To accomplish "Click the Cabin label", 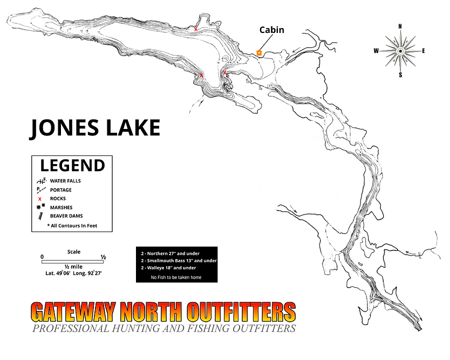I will [271, 30].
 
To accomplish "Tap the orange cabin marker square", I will [259, 53].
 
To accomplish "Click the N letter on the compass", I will [400, 26].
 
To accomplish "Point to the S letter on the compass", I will [400, 76].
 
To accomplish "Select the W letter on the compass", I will [376, 51].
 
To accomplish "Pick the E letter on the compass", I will [424, 51].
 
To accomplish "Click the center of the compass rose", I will [400, 51].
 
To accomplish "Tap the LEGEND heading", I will [72, 165].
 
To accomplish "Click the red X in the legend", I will [40, 199].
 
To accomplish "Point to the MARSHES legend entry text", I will [61, 207].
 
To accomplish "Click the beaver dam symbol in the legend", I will [40, 216].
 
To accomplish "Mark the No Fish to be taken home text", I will [176, 277].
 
